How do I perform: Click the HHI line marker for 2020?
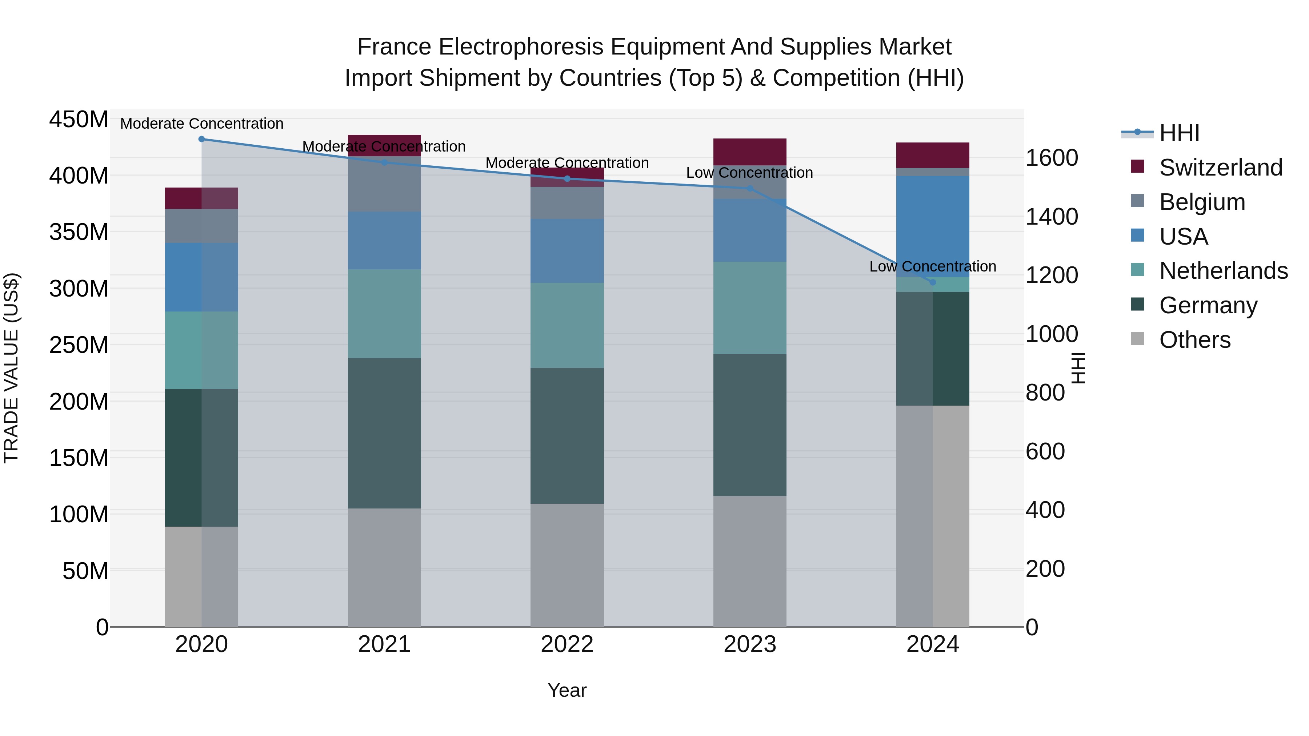tap(202, 139)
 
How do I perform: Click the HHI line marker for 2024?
tap(932, 282)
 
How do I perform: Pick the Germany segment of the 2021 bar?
tap(384, 433)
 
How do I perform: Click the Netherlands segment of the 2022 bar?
tap(567, 325)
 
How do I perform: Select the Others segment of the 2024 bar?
tap(932, 515)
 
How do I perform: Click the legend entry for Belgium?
tap(1202, 202)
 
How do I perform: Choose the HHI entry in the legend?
tap(1179, 133)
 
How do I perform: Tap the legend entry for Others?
tap(1194, 340)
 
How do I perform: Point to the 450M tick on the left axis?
tap(79, 120)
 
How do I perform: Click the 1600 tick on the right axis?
tap(1051, 158)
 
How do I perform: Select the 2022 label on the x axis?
tap(567, 644)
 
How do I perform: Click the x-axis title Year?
tap(567, 690)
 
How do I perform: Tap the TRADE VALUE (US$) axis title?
tap(11, 368)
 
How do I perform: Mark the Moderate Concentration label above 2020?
tap(202, 124)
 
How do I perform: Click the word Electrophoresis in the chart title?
tap(523, 47)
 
